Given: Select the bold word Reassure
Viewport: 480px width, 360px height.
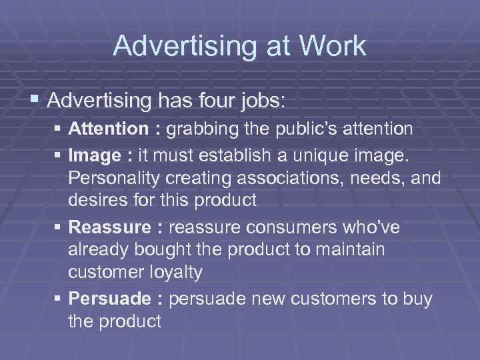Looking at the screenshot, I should point(110,227).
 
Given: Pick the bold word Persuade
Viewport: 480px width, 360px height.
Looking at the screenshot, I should point(110,299).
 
